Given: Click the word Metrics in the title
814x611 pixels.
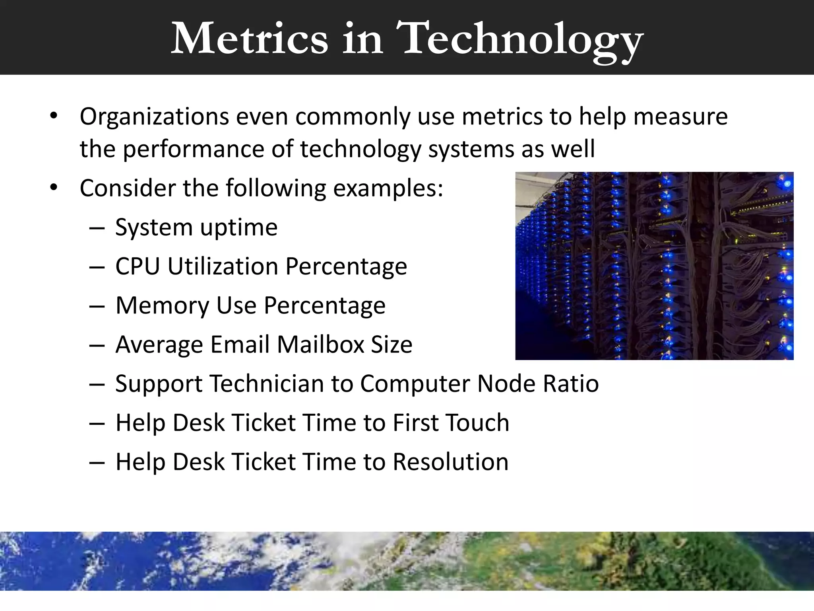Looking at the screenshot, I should tap(249, 39).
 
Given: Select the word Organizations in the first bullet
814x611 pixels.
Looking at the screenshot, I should tap(154, 117).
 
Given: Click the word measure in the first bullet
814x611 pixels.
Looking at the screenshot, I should tap(680, 117).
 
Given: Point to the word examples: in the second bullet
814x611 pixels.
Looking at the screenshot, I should tap(388, 189).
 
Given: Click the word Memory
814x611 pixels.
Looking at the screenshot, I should tap(162, 305).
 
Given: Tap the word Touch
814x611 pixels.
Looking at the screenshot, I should tap(477, 422).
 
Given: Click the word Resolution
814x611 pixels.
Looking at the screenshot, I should tap(450, 462).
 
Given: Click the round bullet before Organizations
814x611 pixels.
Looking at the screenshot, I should tap(54, 117).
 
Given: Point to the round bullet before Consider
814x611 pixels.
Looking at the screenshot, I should tap(54, 187).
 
